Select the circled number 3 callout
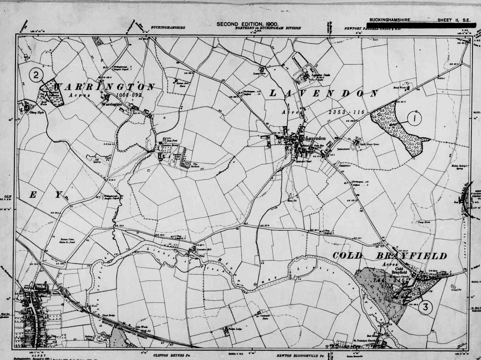pyautogui.click(x=425, y=307)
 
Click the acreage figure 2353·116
pyautogui.click(x=346, y=112)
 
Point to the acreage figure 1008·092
pyautogui.click(x=129, y=95)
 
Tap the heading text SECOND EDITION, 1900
pyautogui.click(x=247, y=24)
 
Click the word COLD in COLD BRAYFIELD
pyautogui.click(x=348, y=255)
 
